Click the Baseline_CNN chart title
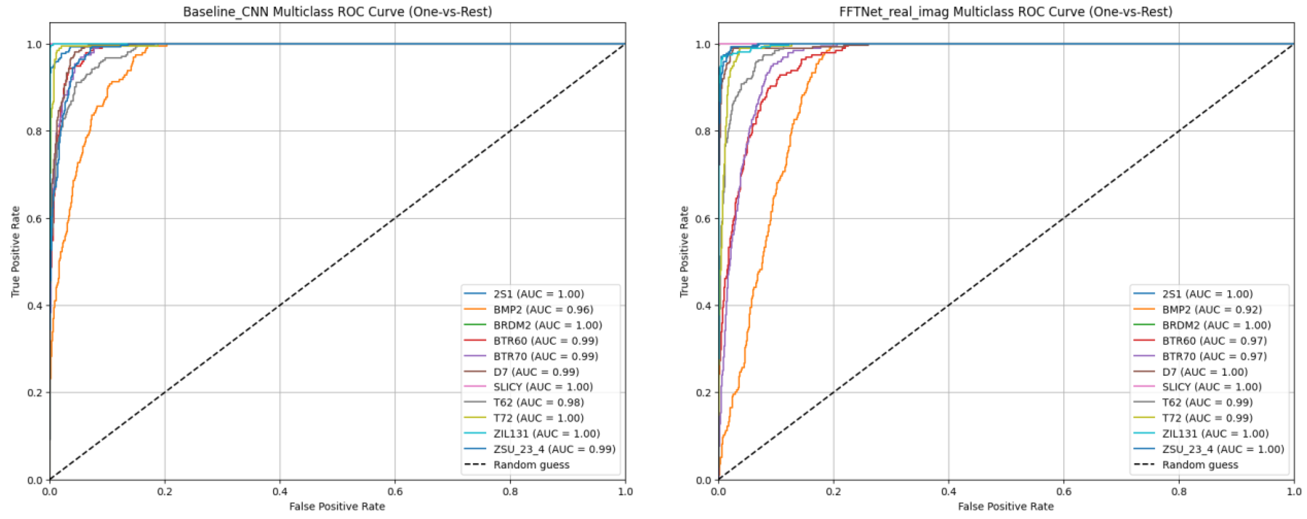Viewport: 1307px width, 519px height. click(x=337, y=12)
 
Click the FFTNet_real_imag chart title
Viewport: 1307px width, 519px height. click(x=1006, y=12)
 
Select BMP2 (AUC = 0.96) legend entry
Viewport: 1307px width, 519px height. click(x=543, y=309)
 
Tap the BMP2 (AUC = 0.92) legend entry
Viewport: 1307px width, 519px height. click(x=1212, y=309)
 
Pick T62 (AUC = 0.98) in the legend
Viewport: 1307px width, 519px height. click(x=538, y=402)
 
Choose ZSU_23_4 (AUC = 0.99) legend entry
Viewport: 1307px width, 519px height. click(x=554, y=449)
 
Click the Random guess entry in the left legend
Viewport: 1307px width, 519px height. click(x=531, y=465)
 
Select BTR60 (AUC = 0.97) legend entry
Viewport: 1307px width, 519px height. click(x=1214, y=340)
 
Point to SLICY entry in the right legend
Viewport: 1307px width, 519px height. click(x=1212, y=387)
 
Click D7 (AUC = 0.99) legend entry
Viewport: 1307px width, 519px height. click(x=536, y=371)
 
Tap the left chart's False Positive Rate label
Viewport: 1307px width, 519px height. click(x=337, y=506)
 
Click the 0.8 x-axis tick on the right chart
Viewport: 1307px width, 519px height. click(x=1179, y=492)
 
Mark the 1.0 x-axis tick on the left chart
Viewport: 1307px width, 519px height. click(x=625, y=492)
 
